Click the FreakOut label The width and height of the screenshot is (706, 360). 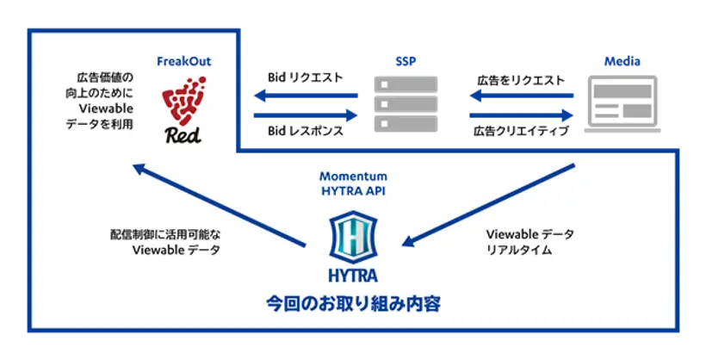(184, 62)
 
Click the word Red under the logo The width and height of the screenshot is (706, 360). (183, 134)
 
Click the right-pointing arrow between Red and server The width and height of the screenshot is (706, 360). (303, 114)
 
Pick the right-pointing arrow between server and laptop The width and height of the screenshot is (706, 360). (522, 114)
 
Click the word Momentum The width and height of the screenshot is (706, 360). (353, 177)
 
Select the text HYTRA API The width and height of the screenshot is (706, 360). (353, 191)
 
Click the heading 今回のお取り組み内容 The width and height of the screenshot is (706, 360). (353, 303)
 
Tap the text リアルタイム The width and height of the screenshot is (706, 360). (519, 251)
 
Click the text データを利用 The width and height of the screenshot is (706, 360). (100, 126)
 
